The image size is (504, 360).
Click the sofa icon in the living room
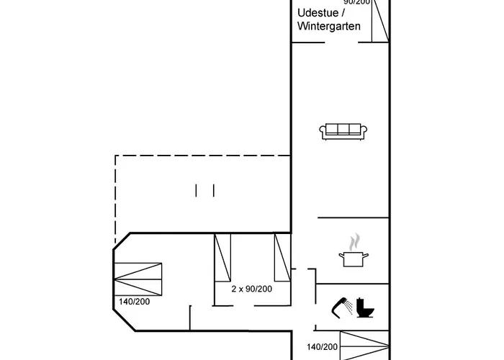343,130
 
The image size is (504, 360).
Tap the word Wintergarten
328,27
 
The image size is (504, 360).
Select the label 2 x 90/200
251,289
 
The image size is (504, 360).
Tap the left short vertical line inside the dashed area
196,190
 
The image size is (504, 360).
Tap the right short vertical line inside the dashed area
214,190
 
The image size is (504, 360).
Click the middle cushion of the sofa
343,130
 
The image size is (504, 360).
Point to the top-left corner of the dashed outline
115,155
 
